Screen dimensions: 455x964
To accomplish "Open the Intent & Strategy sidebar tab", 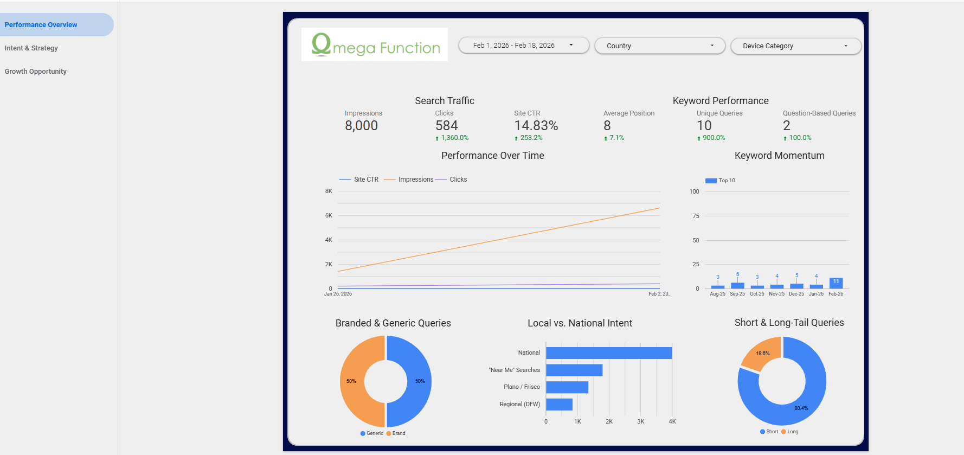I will click(31, 48).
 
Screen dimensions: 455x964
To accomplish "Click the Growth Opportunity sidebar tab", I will click(36, 72).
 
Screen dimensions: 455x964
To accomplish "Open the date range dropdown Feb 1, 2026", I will click(523, 46).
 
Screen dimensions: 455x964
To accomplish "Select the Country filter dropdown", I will click(659, 46).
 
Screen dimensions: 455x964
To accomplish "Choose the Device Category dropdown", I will click(795, 46).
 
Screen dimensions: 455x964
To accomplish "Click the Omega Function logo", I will click(375, 45).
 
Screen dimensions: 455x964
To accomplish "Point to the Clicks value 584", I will click(446, 126).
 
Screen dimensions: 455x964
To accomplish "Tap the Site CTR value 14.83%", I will click(536, 126).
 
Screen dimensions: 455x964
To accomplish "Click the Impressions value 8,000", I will click(361, 126).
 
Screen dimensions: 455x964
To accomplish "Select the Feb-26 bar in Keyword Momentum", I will click(836, 283).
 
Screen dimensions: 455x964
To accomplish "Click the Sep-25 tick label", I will click(737, 294).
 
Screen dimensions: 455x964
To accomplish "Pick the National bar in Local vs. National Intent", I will click(608, 353).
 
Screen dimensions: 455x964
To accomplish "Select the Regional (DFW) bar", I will click(559, 405).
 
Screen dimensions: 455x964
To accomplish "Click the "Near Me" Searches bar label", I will click(514, 370).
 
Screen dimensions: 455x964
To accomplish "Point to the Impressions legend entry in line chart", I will click(415, 180).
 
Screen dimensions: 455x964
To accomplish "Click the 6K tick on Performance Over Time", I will click(329, 216).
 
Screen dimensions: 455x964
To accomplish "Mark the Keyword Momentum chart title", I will click(779, 156).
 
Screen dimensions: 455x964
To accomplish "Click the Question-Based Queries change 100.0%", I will click(800, 138).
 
